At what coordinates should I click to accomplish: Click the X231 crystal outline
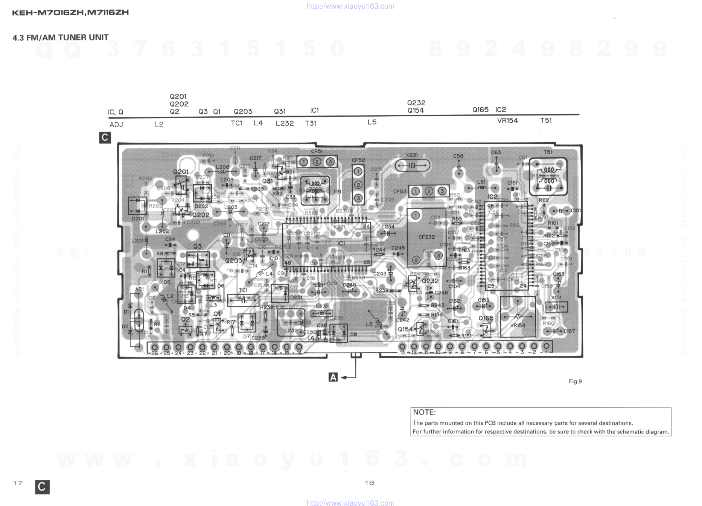point(412,165)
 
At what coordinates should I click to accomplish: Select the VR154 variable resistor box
point(518,317)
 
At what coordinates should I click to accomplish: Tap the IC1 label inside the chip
point(341,244)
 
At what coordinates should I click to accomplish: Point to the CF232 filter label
point(426,237)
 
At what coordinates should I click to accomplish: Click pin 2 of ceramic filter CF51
point(317,162)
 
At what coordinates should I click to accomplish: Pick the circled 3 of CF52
point(358,198)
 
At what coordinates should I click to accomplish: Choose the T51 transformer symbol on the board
point(548,177)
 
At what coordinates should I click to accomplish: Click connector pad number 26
point(154,347)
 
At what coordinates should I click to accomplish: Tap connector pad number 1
point(546,346)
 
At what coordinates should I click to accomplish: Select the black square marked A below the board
point(333,377)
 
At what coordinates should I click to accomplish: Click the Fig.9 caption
point(575,381)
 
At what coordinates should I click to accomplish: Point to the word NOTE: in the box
point(424,412)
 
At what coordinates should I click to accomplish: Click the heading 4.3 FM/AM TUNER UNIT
point(61,37)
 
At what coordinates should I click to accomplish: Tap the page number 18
point(369,483)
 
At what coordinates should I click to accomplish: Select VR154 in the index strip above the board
point(507,120)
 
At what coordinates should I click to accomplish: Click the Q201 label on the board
point(181,172)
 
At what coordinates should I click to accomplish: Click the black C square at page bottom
point(42,487)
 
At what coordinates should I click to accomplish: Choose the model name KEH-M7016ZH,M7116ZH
point(70,12)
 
